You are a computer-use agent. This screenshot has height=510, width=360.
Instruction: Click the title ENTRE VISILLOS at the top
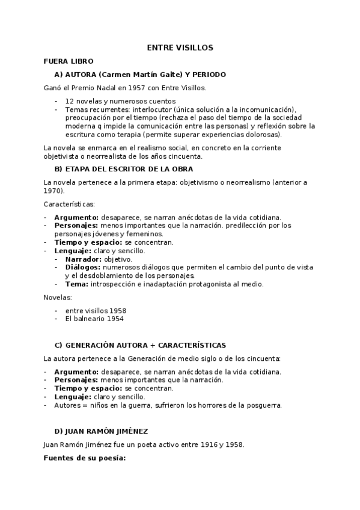tap(180, 48)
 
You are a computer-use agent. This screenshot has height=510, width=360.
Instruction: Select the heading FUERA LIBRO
tap(69, 61)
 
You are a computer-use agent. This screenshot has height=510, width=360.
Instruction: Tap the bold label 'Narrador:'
tap(84, 259)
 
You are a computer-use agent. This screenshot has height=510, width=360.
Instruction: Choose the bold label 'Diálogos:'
tap(84, 267)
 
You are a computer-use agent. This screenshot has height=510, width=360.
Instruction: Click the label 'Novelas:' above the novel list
tap(58, 297)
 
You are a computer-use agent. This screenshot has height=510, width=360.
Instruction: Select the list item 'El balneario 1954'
tap(94, 319)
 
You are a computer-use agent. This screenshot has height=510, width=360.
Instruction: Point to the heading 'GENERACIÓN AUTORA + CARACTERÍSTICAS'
tap(145, 345)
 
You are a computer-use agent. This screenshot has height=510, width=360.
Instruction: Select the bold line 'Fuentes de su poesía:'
tap(84, 458)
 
